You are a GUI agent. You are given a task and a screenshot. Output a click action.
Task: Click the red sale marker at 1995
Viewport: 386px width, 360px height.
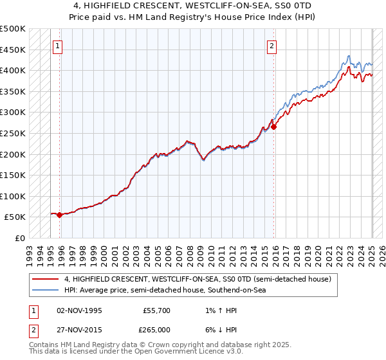[x=60, y=215]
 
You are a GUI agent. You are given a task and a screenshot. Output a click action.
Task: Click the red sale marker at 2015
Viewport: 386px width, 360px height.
[x=273, y=127]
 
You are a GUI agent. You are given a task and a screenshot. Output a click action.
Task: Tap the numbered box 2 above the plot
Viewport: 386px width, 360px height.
[x=272, y=46]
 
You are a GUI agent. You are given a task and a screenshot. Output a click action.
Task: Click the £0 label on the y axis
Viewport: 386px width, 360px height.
[x=20, y=238]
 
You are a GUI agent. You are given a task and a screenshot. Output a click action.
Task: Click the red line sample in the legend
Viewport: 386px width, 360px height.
[x=46, y=280]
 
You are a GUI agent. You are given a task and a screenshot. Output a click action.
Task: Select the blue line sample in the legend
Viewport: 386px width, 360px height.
[x=46, y=291]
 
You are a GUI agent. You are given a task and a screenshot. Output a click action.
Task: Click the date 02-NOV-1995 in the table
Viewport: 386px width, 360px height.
[x=80, y=310]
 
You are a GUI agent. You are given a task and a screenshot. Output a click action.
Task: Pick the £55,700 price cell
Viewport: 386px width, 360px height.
[x=156, y=310]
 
